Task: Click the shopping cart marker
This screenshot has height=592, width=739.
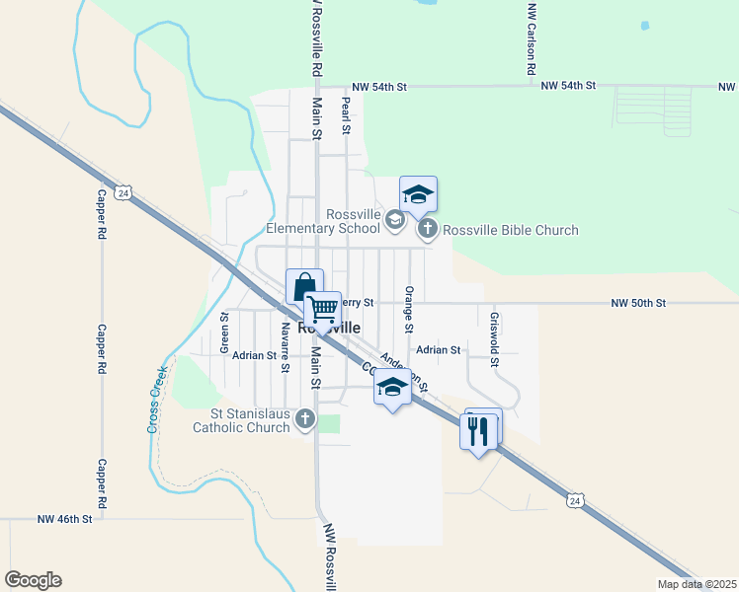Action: click(322, 310)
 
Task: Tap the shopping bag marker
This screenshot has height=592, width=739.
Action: click(305, 287)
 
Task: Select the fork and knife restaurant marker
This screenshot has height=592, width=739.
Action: click(478, 431)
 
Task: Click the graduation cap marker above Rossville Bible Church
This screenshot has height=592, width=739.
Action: click(418, 194)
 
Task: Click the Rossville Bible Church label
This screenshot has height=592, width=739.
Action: click(511, 231)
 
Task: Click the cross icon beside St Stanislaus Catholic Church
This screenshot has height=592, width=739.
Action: click(305, 419)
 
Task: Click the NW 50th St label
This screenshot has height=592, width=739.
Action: click(638, 302)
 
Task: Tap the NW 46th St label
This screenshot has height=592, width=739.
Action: click(65, 518)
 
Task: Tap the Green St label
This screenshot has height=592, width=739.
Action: click(224, 333)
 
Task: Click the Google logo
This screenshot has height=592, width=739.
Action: click(33, 580)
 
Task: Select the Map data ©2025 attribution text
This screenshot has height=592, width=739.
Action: click(696, 584)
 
